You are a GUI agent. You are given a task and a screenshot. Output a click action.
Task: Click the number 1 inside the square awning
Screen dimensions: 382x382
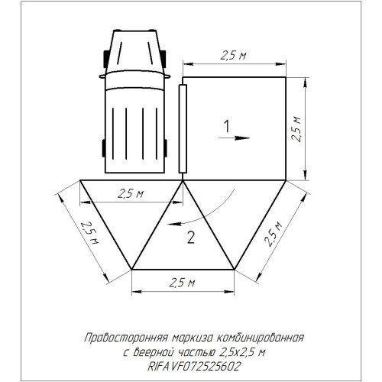pyautogui.click(x=227, y=127)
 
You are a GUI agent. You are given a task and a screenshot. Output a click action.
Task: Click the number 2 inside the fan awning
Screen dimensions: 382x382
pyautogui.click(x=191, y=238)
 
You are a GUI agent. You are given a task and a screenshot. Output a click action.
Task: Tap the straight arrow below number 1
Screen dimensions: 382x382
pyautogui.click(x=235, y=138)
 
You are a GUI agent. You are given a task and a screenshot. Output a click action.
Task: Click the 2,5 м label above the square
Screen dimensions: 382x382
pyautogui.click(x=233, y=56)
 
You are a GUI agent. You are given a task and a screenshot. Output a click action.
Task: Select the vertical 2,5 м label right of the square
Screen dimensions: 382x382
pyautogui.click(x=296, y=129)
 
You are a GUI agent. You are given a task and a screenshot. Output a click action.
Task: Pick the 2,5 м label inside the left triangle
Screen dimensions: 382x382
pyautogui.click(x=131, y=194)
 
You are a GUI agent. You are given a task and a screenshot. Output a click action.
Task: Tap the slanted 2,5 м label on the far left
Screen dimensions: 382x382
pyautogui.click(x=89, y=233)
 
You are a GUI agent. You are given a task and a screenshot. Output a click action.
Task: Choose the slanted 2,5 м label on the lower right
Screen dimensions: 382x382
pyautogui.click(x=273, y=235)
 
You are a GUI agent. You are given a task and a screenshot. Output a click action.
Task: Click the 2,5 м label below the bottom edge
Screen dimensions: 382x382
pyautogui.click(x=182, y=283)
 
